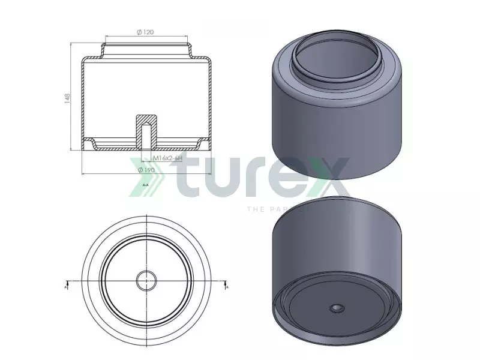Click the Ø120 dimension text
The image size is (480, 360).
coord(146,32)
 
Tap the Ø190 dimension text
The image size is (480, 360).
coord(146,170)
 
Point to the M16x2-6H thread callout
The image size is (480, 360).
coord(166,158)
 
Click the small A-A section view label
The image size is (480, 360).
coord(146,186)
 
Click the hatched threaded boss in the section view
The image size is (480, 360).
coord(146,129)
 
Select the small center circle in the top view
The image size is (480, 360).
coord(146,280)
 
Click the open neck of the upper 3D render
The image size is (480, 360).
coord(338,60)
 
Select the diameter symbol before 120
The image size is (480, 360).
coord(139,32)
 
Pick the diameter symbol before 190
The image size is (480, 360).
coord(139,170)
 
